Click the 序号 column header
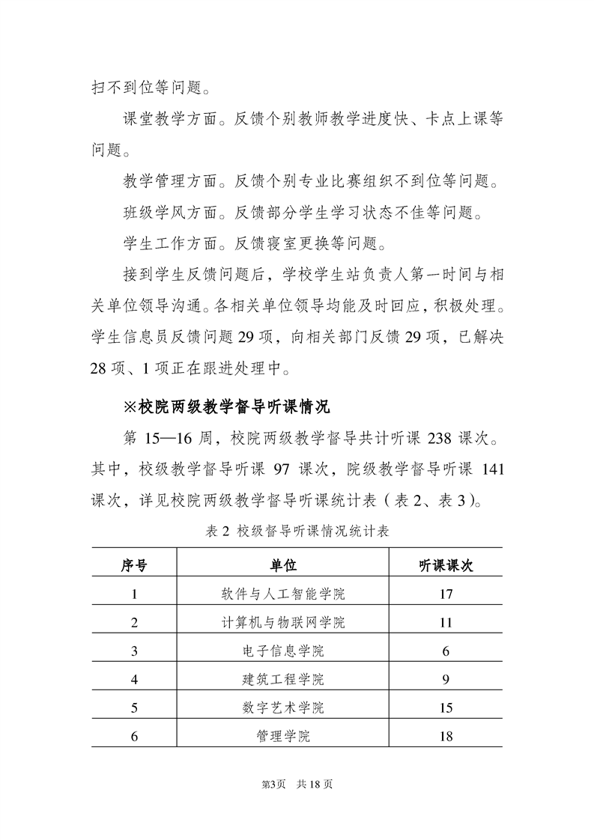pyautogui.click(x=134, y=565)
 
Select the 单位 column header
pyautogui.click(x=284, y=565)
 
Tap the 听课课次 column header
pyautogui.click(x=446, y=565)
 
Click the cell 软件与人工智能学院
pyautogui.click(x=284, y=594)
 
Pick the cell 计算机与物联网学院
pyautogui.click(x=284, y=623)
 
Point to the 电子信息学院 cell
pyautogui.click(x=284, y=651)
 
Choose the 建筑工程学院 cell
pyautogui.click(x=284, y=679)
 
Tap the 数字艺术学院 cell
pyautogui.click(x=284, y=707)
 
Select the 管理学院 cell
pyautogui.click(x=284, y=736)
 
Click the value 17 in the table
pyautogui.click(x=446, y=594)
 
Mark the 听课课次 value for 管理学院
pyautogui.click(x=446, y=736)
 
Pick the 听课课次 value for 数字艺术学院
pyautogui.click(x=446, y=707)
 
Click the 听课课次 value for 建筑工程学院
pyautogui.click(x=446, y=679)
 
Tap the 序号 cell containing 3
pyautogui.click(x=134, y=651)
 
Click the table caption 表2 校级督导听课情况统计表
pyautogui.click(x=297, y=532)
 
